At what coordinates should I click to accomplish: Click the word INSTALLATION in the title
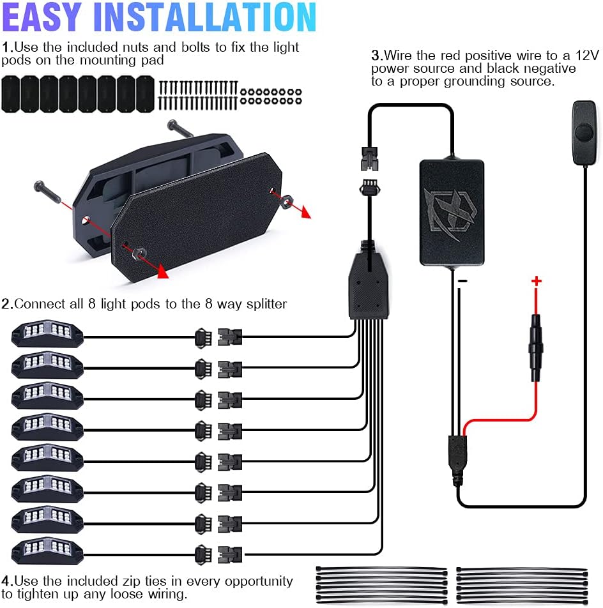205,17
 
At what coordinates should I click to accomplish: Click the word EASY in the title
42,17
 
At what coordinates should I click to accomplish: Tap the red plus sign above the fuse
537,281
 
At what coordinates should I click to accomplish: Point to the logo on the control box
450,211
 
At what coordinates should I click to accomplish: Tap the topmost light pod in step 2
47,333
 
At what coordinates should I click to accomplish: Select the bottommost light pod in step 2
47,551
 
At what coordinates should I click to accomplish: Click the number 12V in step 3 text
587,56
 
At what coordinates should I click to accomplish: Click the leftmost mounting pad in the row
10,95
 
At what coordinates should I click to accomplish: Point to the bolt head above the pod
173,125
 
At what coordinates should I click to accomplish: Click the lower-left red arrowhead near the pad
164,272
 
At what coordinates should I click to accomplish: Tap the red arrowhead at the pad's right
306,213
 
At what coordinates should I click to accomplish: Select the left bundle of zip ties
381,585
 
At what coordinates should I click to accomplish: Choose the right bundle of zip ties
522,585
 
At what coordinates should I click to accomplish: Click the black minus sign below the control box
462,281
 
